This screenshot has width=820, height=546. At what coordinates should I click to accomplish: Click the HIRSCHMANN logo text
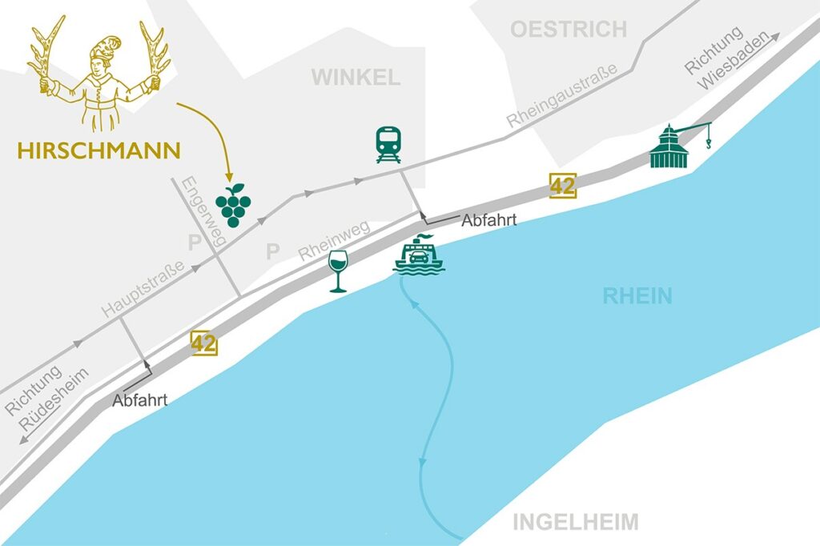100,150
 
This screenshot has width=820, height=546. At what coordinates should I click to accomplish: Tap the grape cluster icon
233,205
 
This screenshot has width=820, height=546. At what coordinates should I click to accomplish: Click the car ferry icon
420,256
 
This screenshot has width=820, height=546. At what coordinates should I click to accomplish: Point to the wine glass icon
339,271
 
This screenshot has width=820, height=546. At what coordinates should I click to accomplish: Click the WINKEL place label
356,78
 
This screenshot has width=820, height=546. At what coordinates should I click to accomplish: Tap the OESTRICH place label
569,30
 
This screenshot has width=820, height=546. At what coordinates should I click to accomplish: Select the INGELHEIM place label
576,523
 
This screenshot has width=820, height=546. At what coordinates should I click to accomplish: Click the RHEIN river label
637,296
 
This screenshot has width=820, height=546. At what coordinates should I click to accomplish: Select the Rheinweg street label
334,239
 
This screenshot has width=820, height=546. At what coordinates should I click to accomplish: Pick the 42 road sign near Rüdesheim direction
203,343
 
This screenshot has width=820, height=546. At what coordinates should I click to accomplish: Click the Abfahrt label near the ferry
488,221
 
